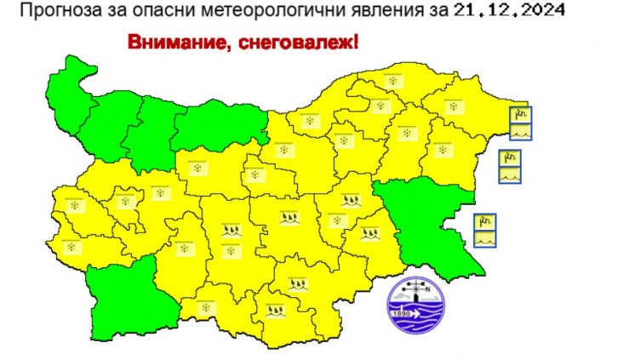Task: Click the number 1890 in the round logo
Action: tap(401, 313)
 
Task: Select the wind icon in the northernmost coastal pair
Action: tap(520, 116)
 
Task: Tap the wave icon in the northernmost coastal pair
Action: tap(520, 131)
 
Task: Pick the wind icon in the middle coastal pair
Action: tap(509, 158)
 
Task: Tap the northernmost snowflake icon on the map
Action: tap(393, 82)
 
